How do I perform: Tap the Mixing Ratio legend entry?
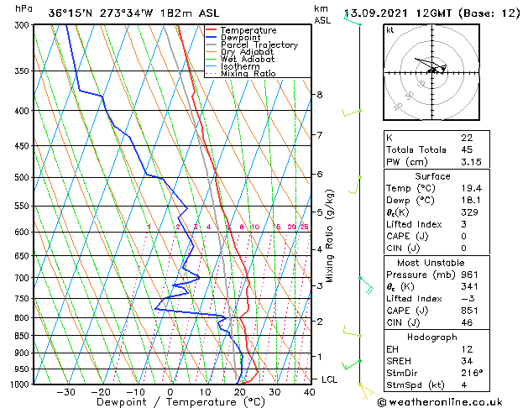[x=248, y=74]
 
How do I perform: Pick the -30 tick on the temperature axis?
[x=65, y=392]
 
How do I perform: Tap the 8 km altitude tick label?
[x=319, y=95]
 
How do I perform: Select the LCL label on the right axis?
[x=331, y=379]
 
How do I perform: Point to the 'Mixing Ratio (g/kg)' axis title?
[x=331, y=235]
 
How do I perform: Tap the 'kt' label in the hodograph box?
[x=389, y=30]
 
